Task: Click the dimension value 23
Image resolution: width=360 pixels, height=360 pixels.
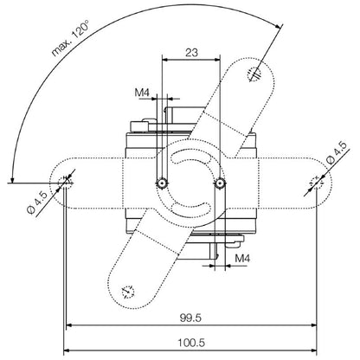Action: pos(191,52)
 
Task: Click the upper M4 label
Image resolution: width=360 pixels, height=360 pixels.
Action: pos(141,93)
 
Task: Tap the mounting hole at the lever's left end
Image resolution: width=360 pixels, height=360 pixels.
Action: pos(66,182)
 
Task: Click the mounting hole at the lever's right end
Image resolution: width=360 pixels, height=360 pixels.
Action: pos(317,182)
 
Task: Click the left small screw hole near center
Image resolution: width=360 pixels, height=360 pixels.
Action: pos(161,183)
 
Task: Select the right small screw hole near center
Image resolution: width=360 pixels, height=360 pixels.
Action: pos(222,183)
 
